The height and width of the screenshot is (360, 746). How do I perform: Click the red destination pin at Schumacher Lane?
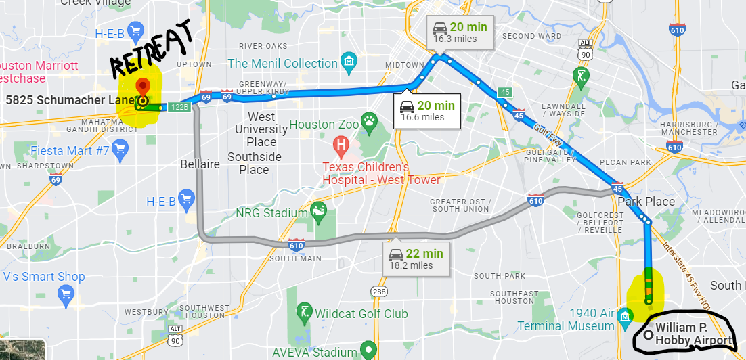[143, 87]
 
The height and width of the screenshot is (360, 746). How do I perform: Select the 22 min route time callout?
[416, 258]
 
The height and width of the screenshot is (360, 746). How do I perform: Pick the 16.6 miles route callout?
[427, 110]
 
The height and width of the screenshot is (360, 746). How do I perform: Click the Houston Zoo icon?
[369, 124]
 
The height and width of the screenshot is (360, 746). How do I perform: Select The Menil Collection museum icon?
[349, 63]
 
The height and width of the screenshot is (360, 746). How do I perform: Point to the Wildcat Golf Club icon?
[304, 313]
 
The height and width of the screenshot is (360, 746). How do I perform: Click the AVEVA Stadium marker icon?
[368, 351]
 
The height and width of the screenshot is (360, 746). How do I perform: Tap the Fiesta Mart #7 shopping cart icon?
[120, 148]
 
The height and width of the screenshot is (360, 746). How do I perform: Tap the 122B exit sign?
[179, 107]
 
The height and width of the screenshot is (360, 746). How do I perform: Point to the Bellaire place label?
[200, 164]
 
